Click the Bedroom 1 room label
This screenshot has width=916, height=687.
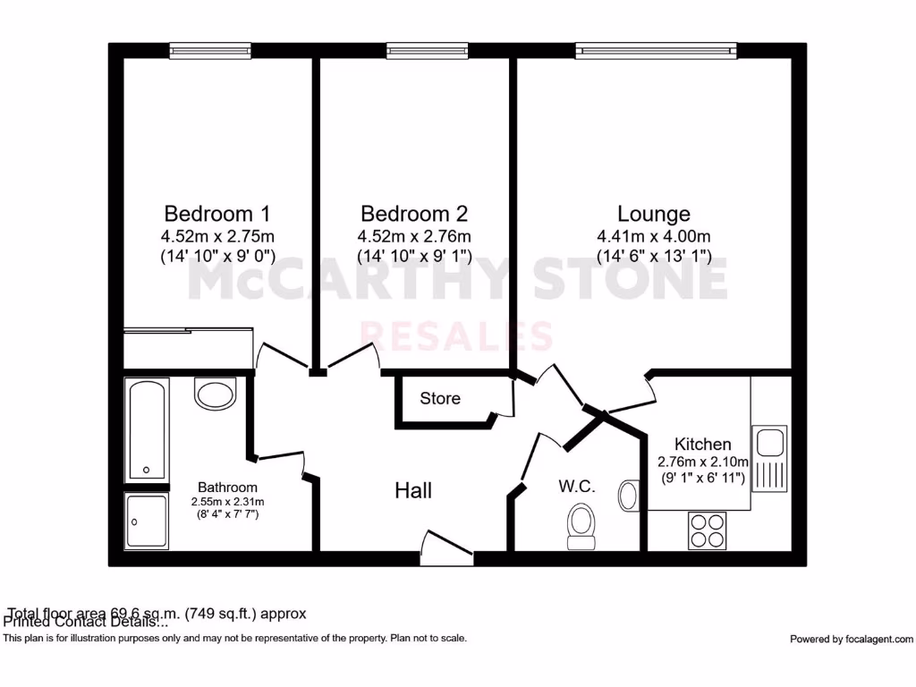point(216,215)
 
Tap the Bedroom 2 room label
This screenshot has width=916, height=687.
point(414,215)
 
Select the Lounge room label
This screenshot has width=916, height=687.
point(654,215)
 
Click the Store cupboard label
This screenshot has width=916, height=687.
point(440,398)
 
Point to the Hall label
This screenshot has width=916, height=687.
point(413,490)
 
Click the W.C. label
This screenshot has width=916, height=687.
point(577,488)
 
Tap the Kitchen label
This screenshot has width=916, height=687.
point(702,445)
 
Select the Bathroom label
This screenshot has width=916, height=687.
point(227,488)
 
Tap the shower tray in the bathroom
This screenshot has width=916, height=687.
point(147,521)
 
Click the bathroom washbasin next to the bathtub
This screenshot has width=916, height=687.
point(215,393)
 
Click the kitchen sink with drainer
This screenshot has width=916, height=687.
point(769,457)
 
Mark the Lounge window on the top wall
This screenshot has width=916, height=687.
point(656,51)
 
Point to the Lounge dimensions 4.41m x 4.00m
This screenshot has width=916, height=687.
point(654,237)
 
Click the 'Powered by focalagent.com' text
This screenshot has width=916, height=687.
point(852,639)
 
